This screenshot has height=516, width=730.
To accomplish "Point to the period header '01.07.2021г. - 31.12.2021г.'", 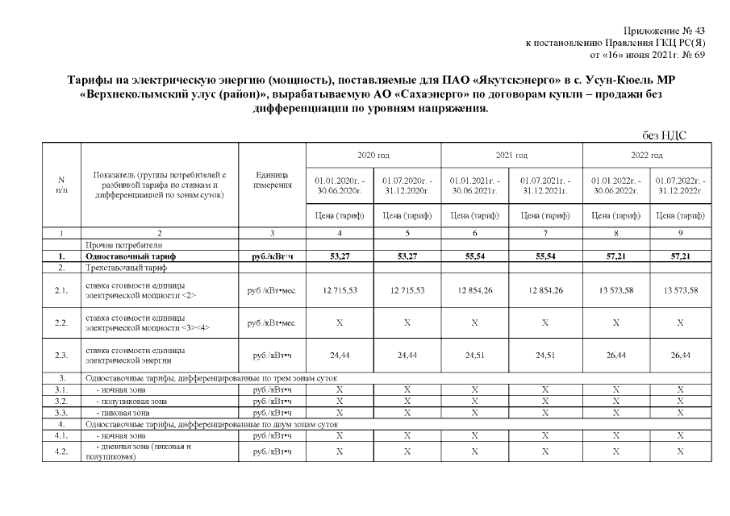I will tap(545, 184).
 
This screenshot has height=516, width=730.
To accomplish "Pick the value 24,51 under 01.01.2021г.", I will tap(475, 353).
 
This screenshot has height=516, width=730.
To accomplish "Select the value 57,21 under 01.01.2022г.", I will tap(615, 256).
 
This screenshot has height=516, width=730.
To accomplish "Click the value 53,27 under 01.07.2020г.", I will tap(407, 256).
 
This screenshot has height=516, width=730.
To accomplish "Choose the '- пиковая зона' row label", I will tap(120, 412).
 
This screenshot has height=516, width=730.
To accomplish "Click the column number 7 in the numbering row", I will tap(545, 233).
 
